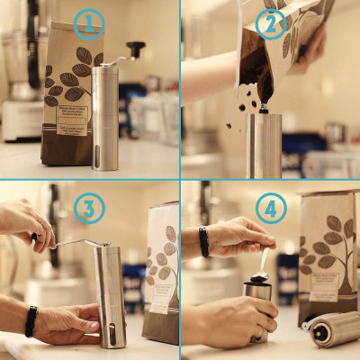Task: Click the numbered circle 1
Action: pos(88,24)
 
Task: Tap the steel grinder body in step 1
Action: pos(105,117)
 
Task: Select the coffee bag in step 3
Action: pos(162,270)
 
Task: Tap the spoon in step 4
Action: pos(262,265)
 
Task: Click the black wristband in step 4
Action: pos(204,241)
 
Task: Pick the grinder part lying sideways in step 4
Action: pos(334,328)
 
